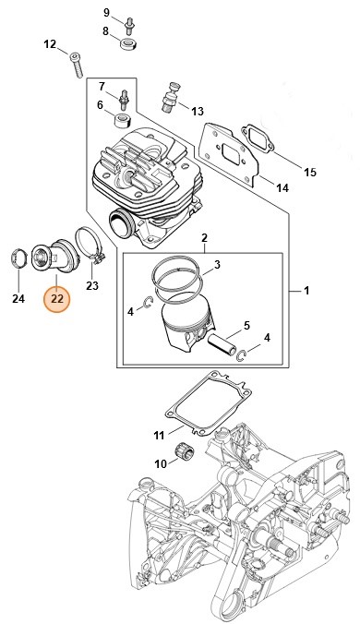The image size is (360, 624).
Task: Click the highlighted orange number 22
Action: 57,298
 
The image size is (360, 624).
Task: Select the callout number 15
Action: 310,172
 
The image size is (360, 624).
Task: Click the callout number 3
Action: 217,265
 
